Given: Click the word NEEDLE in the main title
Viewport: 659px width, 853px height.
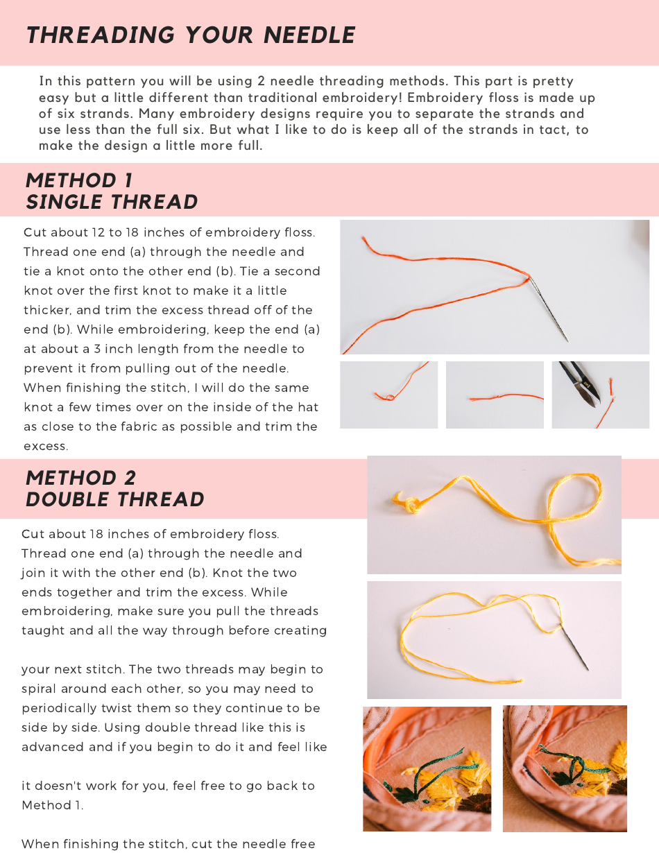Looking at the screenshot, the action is [309, 35].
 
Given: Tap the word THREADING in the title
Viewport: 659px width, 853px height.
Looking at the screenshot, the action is [101, 35].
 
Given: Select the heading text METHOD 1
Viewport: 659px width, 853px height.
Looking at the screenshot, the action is [79, 180].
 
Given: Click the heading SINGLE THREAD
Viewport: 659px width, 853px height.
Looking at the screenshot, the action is [112, 202].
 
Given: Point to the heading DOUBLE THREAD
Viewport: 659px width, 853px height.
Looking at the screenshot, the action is [115, 499].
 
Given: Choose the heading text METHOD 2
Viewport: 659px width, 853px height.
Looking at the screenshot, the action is [81, 478].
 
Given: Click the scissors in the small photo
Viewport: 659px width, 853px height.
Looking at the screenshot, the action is [579, 384].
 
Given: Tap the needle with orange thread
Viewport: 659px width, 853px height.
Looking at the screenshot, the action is [548, 309].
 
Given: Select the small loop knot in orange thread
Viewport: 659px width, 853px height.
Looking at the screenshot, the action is [388, 397].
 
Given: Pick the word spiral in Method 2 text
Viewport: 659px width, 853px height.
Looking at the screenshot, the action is [39, 689].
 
